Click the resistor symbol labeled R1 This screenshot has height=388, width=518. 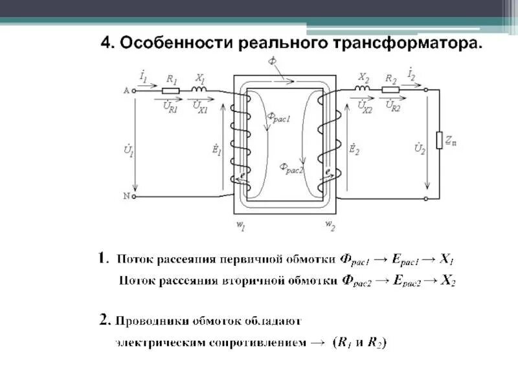tap(171, 91)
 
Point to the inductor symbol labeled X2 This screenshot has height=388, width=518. tap(362, 91)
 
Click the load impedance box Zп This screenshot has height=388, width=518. tap(440, 142)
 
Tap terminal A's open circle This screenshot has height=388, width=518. tap(134, 91)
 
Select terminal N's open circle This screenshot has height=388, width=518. tap(134, 195)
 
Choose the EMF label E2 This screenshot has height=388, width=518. tap(354, 150)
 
